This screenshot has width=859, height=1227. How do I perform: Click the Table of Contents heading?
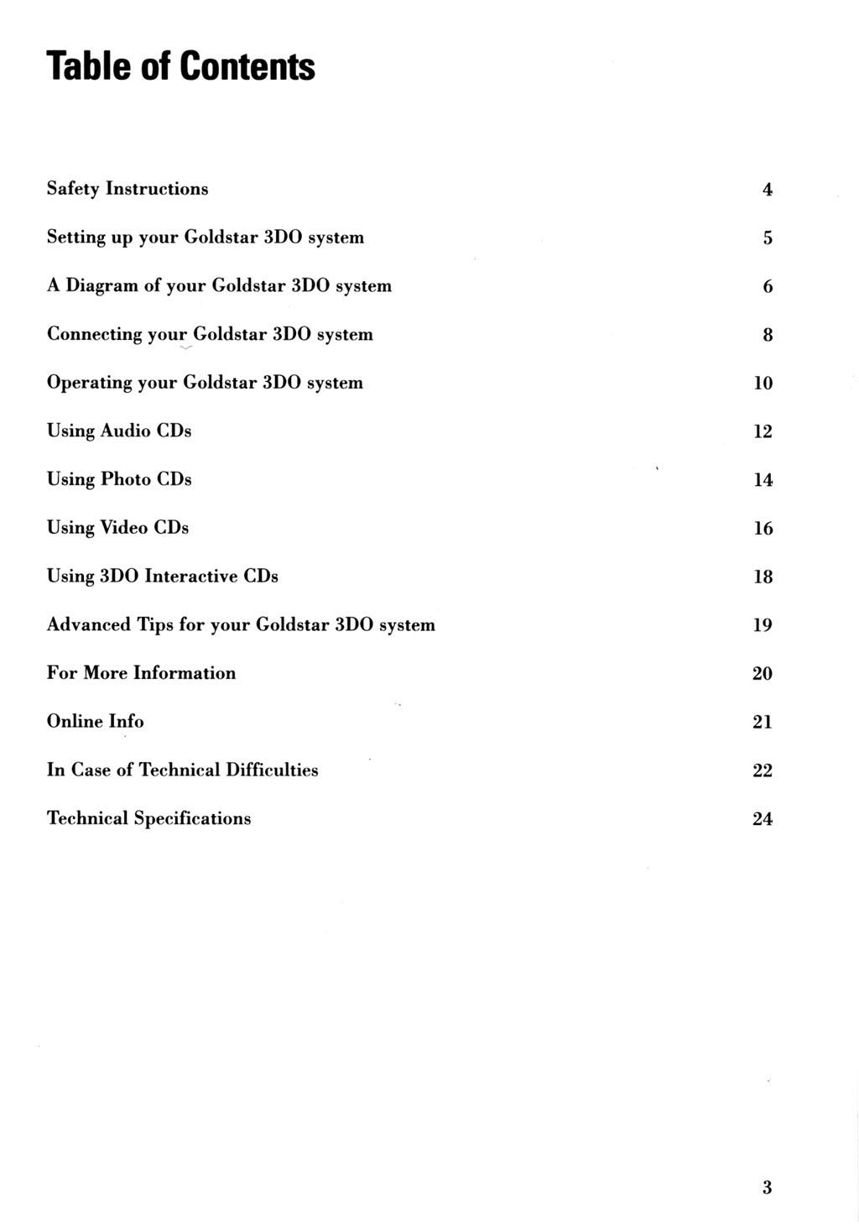tap(180, 66)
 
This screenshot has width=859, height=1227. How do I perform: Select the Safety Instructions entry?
tap(128, 189)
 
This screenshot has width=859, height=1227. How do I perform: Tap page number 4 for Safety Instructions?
tap(767, 190)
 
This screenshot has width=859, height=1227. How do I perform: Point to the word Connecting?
tap(94, 335)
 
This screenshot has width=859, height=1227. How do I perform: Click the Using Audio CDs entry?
tap(119, 431)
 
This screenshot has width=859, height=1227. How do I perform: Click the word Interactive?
tap(191, 577)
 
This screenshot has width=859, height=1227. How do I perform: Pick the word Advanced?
tap(89, 625)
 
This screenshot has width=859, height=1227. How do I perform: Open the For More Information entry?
tap(141, 673)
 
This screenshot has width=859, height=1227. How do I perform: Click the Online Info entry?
tap(95, 722)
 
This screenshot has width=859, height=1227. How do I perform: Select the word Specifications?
tap(192, 819)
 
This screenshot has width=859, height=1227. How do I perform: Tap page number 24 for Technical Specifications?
tap(762, 819)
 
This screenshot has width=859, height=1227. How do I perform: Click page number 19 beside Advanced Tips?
tap(762, 625)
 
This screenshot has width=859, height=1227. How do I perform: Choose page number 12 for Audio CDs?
tap(762, 431)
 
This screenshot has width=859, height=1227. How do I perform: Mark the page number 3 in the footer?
tap(767, 1188)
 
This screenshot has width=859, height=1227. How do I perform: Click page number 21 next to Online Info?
tap(762, 722)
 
